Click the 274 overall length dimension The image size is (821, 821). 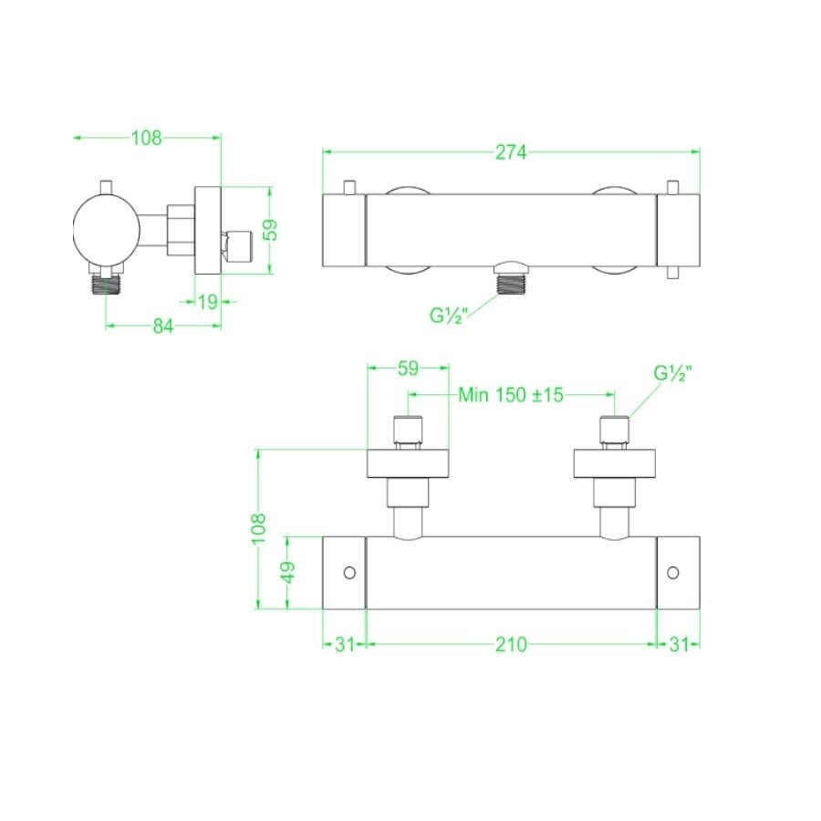click(511, 153)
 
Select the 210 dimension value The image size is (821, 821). click(511, 644)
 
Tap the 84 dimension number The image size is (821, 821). click(162, 327)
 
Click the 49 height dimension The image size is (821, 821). click(287, 572)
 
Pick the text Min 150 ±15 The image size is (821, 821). click(511, 395)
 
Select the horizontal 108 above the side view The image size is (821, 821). click(146, 138)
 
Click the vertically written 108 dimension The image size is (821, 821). click(259, 528)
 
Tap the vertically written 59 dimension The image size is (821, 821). click(270, 229)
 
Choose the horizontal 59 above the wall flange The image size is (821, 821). click(408, 369)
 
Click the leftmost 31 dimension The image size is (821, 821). click(344, 644)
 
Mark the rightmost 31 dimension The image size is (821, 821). click(679, 644)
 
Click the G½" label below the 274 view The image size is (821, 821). click(450, 317)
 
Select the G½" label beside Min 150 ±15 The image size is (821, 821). click(673, 374)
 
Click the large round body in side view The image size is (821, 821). click(107, 225)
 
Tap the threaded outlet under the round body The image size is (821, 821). click(107, 285)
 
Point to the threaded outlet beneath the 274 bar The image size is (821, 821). click(513, 282)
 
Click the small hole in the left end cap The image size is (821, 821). click(348, 573)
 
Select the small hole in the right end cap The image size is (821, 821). click(673, 573)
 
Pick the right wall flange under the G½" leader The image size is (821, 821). click(615, 463)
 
